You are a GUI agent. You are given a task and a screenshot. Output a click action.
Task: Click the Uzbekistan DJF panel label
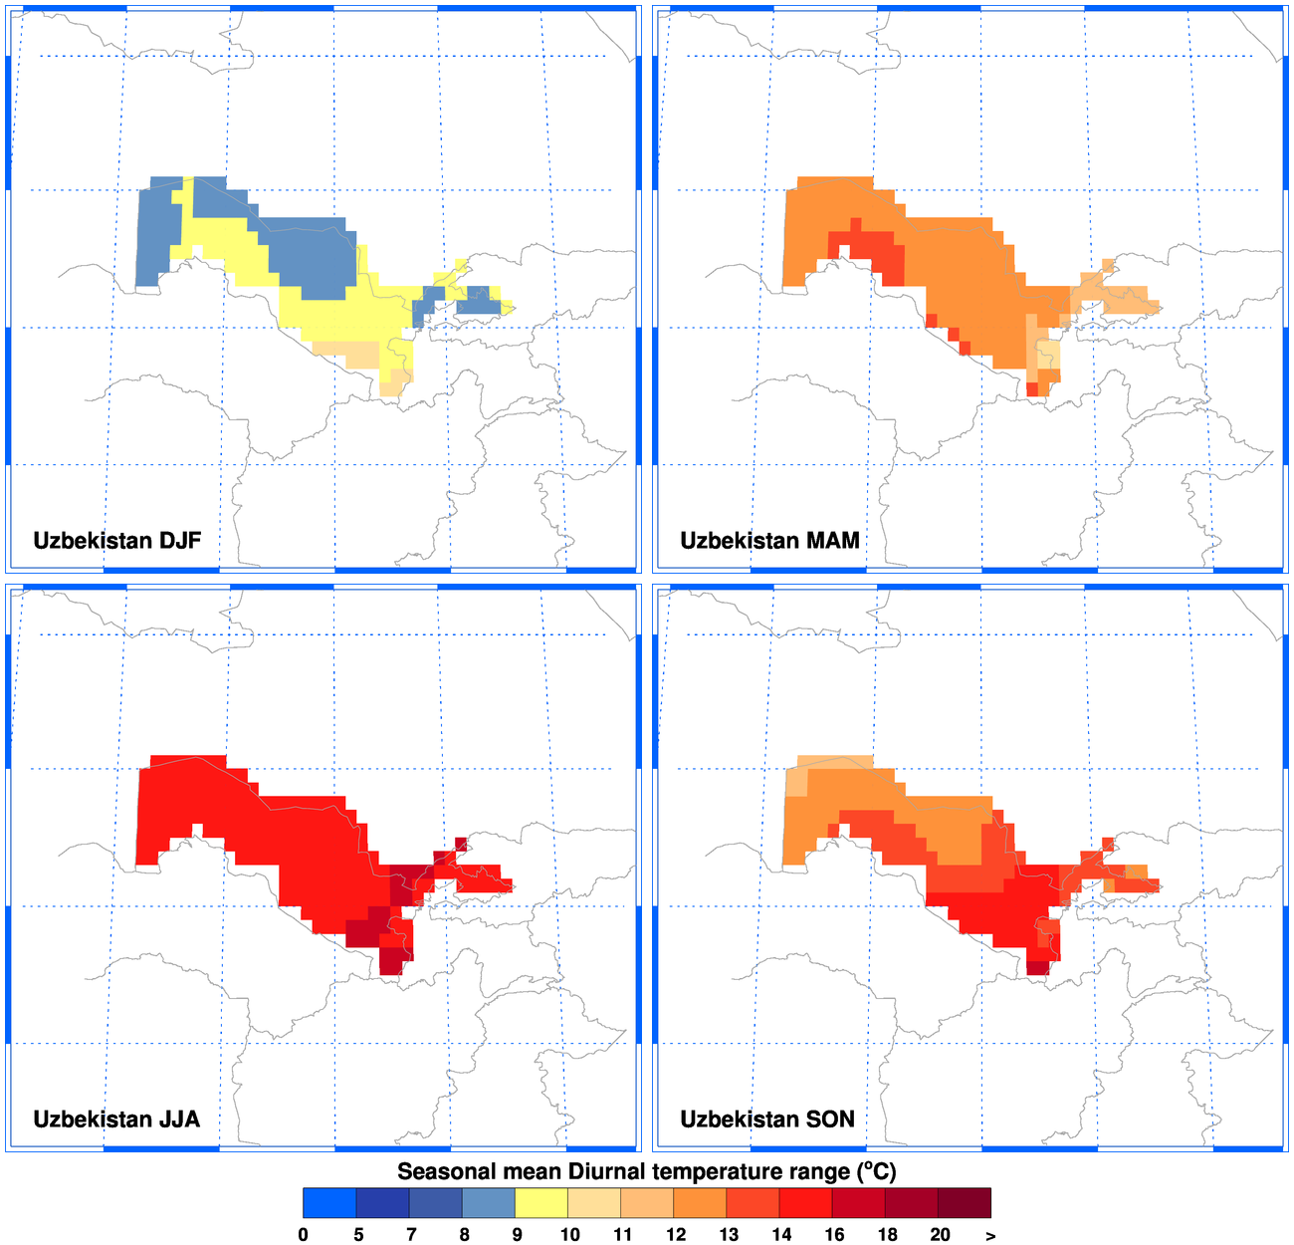tap(116, 541)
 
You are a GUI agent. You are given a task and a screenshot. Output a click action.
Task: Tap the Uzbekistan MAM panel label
tap(769, 541)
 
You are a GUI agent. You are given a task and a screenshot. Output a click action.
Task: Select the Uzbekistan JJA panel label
tap(116, 1119)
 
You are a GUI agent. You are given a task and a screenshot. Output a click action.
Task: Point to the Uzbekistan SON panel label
tap(767, 1119)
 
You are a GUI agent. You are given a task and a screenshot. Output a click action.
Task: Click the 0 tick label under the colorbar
tap(303, 1235)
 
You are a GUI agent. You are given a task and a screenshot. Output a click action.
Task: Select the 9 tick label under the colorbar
tap(516, 1235)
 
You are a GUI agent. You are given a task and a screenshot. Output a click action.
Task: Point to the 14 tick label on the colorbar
tap(781, 1235)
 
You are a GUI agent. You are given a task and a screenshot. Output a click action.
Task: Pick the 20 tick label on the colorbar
tap(940, 1235)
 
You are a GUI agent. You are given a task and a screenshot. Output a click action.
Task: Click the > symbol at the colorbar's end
tap(990, 1235)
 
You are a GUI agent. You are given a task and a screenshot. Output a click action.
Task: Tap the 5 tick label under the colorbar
tap(358, 1235)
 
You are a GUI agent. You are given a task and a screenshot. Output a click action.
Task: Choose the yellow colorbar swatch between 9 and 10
tap(541, 1203)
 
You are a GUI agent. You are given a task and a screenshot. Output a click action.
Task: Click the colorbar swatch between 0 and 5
tap(329, 1203)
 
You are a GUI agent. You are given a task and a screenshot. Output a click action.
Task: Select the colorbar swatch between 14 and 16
tap(806, 1203)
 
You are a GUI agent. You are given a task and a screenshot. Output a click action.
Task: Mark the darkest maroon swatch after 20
tap(965, 1203)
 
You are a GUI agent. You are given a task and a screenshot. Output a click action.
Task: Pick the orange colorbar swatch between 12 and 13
tap(700, 1203)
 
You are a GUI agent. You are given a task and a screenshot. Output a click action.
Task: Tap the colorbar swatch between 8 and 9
tap(489, 1203)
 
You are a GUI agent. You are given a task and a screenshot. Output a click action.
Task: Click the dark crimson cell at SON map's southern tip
tap(1037, 967)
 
